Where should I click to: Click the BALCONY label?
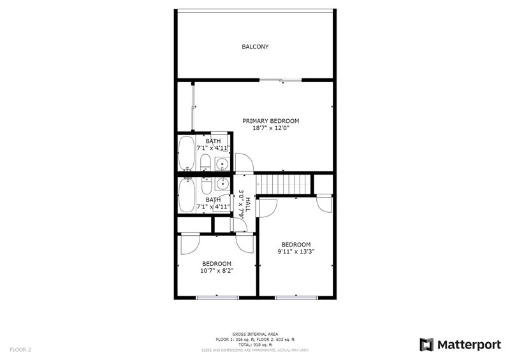[255, 47]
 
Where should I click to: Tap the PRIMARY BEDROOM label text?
[270, 121]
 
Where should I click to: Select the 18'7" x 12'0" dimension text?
[271, 128]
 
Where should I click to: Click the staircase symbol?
[283, 184]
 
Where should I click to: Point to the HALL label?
[248, 205]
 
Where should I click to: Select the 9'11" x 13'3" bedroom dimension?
[296, 252]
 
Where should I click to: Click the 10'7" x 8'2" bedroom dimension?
[217, 271]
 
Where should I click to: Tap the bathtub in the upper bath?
[186, 153]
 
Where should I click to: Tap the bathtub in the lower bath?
[186, 195]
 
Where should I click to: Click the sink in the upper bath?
[222, 164]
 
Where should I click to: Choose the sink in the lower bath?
[222, 184]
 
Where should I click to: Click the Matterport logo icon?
[426, 345]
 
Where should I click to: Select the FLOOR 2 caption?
[20, 350]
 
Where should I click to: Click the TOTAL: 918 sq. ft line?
[255, 345]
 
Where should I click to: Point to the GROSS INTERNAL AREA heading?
[255, 335]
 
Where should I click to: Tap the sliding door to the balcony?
[280, 80]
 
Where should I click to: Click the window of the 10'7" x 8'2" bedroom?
[217, 298]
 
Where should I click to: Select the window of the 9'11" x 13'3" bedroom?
[296, 298]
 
